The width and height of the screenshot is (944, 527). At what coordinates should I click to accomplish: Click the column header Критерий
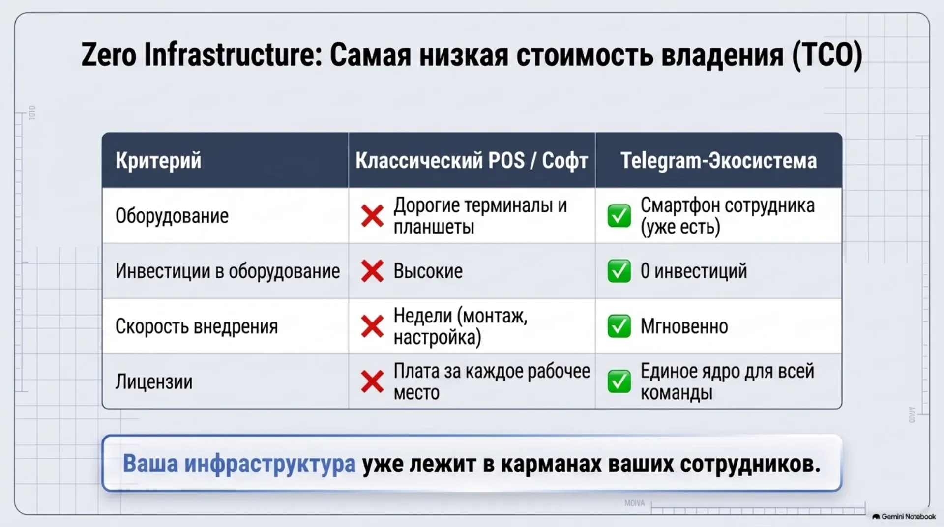click(x=158, y=161)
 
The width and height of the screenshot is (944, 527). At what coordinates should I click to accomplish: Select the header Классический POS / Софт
click(x=472, y=161)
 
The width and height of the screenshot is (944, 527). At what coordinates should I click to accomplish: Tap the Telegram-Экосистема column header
click(x=718, y=160)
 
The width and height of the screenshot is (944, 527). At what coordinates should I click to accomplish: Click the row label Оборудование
click(x=172, y=216)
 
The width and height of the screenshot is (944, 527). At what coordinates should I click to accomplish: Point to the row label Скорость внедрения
click(x=197, y=326)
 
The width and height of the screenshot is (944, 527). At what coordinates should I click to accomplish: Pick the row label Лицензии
click(x=154, y=382)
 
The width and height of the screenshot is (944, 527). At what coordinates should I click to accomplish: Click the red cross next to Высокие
click(x=372, y=271)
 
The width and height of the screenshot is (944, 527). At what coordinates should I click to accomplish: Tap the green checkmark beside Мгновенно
click(x=619, y=326)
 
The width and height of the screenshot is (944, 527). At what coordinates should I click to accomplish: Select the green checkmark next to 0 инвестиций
click(x=619, y=271)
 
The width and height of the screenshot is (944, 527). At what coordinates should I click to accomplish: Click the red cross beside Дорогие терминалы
click(x=372, y=216)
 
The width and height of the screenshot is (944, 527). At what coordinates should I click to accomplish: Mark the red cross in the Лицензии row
click(x=372, y=382)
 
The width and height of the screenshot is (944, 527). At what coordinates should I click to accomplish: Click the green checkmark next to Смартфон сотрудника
click(x=619, y=216)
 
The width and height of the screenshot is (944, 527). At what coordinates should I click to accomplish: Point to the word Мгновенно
click(x=684, y=326)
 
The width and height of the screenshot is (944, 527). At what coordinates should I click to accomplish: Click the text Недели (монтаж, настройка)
click(x=460, y=326)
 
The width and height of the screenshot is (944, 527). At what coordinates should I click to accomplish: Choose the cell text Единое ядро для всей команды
click(x=727, y=382)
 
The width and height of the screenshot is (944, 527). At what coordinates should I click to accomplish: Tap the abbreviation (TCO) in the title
click(x=827, y=55)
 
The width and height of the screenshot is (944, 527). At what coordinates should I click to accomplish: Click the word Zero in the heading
click(x=109, y=55)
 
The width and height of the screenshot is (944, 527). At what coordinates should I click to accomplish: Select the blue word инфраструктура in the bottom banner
click(x=270, y=464)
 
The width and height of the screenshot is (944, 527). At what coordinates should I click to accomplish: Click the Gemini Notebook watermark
click(x=904, y=517)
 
